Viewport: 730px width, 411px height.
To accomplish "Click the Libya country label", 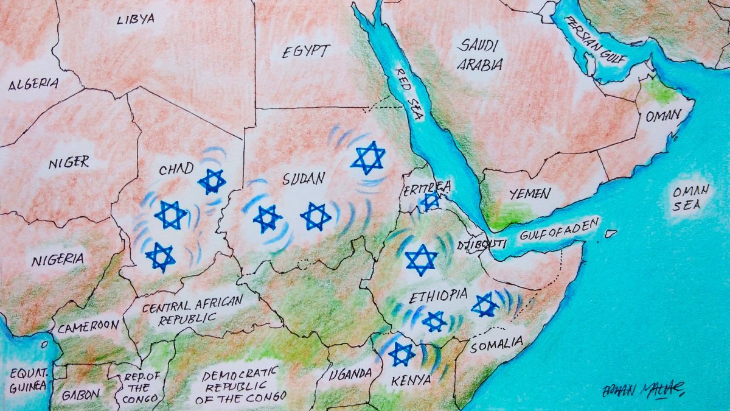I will [x=136, y=19].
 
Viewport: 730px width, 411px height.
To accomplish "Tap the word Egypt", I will [x=306, y=51].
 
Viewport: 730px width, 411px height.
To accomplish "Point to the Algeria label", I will [x=33, y=85].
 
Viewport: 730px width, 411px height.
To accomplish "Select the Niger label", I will [x=69, y=162].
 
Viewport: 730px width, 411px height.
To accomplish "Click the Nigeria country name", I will [x=58, y=259].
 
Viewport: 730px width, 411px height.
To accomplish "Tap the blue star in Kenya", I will [x=401, y=354].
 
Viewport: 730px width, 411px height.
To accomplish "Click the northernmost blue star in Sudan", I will [x=368, y=158].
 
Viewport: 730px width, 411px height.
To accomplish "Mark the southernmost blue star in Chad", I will [x=161, y=257].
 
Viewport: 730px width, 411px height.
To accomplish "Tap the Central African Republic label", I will [x=191, y=310].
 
